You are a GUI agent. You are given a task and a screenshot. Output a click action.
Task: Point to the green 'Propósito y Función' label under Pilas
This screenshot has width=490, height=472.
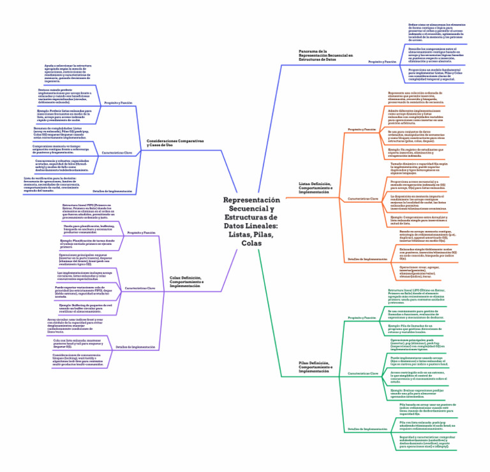click(x=361, y=317)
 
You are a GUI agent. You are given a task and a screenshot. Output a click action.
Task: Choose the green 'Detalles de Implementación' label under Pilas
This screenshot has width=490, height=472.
click(x=367, y=429)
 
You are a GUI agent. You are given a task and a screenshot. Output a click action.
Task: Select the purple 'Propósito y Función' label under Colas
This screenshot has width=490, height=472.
click(x=142, y=233)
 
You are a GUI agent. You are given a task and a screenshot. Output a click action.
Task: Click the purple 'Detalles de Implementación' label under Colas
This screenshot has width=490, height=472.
click(x=136, y=347)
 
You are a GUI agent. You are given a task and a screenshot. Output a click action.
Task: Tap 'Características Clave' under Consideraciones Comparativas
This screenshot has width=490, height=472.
click(x=117, y=153)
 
